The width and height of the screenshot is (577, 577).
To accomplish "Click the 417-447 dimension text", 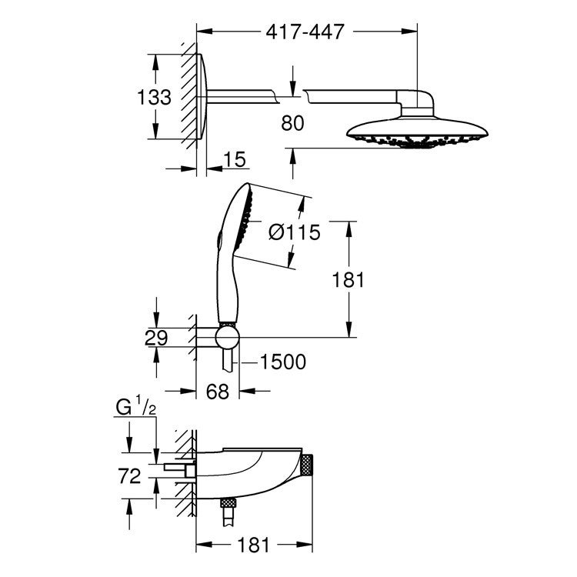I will [305, 32].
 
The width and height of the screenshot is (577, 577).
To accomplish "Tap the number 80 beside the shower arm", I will [292, 122].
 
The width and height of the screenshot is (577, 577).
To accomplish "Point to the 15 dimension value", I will [235, 159].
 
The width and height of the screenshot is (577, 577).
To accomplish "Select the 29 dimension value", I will [155, 336].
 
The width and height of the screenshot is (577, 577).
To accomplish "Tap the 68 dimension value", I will [218, 392].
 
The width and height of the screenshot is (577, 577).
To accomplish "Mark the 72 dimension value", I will [130, 476].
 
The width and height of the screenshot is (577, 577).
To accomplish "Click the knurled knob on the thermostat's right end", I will [309, 466].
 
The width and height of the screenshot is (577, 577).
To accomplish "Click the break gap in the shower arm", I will [292, 95].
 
